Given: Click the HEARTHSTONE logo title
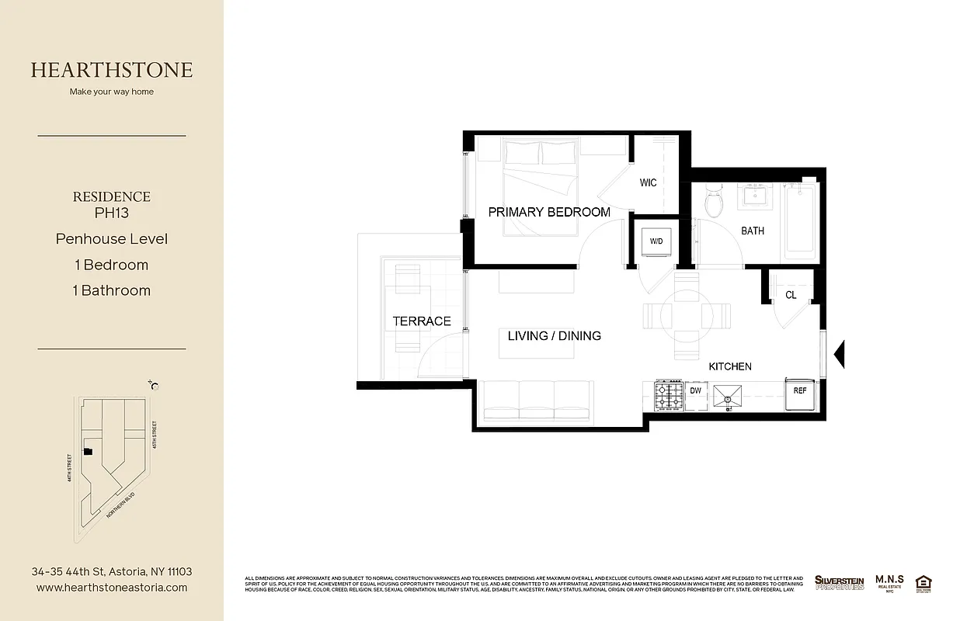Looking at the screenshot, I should point(112,70).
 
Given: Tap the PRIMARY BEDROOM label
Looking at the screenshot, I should point(548,212).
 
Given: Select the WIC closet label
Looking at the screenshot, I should point(648,183).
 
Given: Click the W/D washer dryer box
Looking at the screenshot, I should point(656,241).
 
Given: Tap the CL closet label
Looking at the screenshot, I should point(791,295).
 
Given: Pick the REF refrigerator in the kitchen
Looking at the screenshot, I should point(800,392).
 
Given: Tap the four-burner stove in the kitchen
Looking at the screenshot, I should point(668,395).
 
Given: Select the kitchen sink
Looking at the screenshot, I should point(728,396).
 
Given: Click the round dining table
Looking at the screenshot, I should point(687,315).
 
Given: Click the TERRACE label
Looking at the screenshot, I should point(421,321).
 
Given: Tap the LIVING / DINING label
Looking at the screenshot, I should point(554,336).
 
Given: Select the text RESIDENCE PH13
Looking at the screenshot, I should point(112,204).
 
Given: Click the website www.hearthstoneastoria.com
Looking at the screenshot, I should point(112,588).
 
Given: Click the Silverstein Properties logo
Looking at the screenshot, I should point(839,582).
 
